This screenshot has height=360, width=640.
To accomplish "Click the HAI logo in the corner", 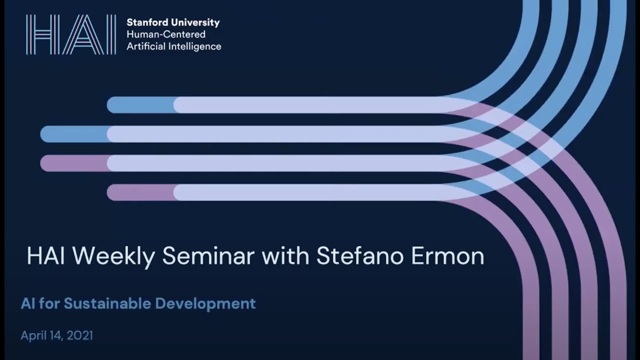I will [71, 34].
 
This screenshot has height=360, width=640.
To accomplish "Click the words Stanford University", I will [173, 22].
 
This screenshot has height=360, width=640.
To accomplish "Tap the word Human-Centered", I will [166, 34].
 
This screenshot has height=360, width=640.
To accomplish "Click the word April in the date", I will [33, 335].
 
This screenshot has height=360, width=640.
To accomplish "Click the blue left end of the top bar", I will [140, 105].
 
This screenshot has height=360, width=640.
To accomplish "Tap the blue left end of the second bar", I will [73, 134].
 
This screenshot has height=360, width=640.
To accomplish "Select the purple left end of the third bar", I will [73, 163].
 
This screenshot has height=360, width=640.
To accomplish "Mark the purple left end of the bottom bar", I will [140, 192].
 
